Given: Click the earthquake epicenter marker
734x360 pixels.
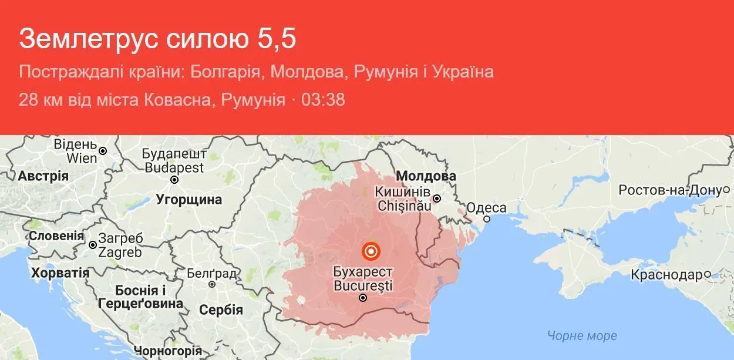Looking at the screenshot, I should (371, 251).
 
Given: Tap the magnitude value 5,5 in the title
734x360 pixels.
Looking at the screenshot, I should (275, 39).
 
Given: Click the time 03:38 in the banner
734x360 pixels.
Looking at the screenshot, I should (323, 99).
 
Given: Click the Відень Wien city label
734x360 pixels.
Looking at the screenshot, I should (75, 151).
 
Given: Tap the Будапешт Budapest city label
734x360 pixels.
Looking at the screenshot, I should (174, 160).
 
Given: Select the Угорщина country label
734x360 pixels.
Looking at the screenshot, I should (189, 200).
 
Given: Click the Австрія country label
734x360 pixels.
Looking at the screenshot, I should (43, 176).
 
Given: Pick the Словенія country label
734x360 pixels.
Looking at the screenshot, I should (56, 235).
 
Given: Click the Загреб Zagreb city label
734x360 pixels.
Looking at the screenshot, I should (120, 245).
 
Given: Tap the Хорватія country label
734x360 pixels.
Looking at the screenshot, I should (60, 273).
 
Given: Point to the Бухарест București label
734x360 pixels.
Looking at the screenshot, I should (362, 279).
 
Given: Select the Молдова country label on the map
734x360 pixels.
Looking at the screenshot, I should (426, 176).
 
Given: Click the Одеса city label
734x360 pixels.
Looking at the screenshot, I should (486, 208).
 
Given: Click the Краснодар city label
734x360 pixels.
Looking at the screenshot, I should (666, 274).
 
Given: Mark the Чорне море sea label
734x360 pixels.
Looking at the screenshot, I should (582, 335).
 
